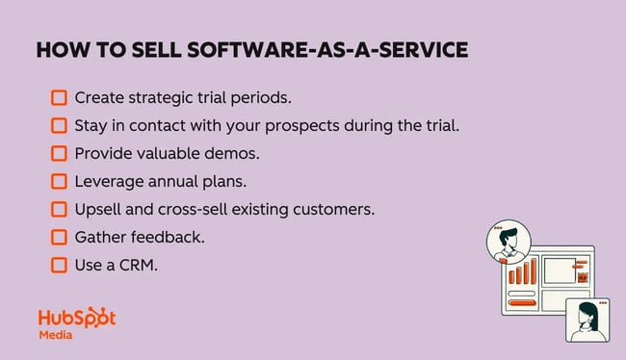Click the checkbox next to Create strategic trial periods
[x=60, y=98]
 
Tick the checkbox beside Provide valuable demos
[x=60, y=153]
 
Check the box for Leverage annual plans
[x=60, y=181]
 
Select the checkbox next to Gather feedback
[x=60, y=236]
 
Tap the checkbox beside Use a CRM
[x=60, y=264]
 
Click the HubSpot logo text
[x=77, y=319]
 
